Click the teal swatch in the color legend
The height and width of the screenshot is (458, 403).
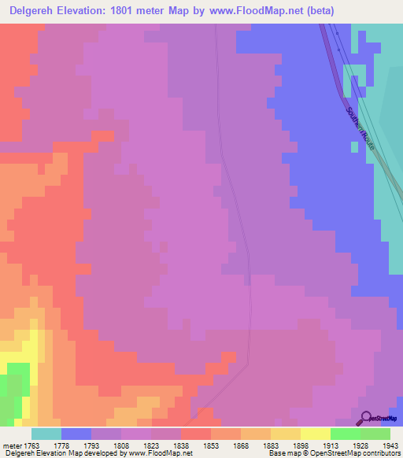pyautogui.click(x=46, y=434)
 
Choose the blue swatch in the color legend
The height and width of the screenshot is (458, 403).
pyautogui.click(x=76, y=434)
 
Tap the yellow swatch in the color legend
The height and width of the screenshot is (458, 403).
pyautogui.click(x=315, y=434)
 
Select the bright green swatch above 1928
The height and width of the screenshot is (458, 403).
pyautogui.click(x=345, y=434)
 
